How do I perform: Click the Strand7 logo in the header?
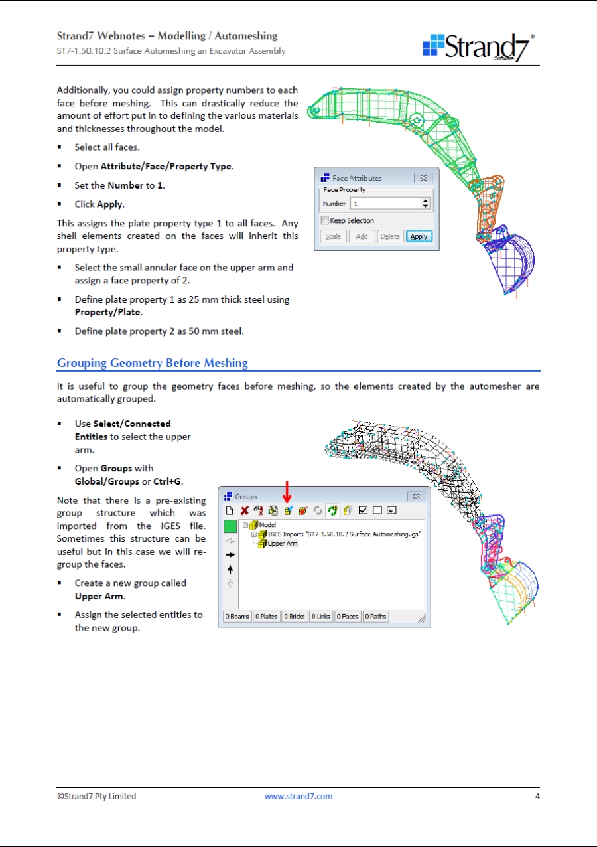(x=478, y=47)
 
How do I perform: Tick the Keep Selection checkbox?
(x=324, y=220)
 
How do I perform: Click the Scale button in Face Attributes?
(x=333, y=236)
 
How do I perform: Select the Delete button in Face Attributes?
(x=390, y=236)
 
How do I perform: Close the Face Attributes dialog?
(x=423, y=178)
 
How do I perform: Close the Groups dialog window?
(x=415, y=497)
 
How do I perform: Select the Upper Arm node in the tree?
(x=283, y=543)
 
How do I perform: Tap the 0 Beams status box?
(x=237, y=617)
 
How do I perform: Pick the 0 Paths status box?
(x=376, y=617)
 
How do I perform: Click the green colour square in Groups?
(x=230, y=527)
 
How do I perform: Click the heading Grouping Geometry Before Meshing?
(x=153, y=363)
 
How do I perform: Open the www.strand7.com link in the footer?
(x=298, y=796)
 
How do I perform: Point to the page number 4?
(x=537, y=796)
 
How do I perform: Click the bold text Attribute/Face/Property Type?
(x=166, y=166)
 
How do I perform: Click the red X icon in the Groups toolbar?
(x=245, y=511)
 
